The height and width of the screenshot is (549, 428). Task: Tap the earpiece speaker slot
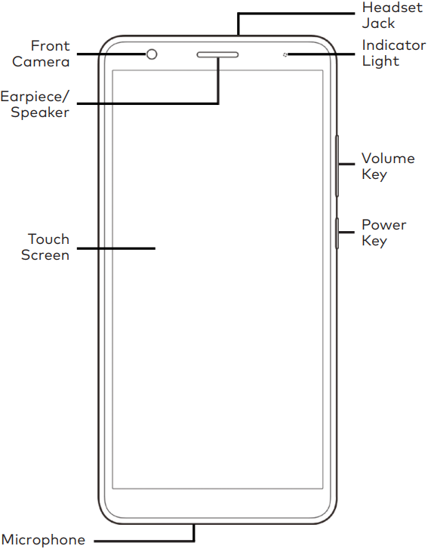tap(217, 54)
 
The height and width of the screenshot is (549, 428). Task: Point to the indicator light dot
tap(285, 54)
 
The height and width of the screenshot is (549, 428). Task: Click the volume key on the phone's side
tap(337, 165)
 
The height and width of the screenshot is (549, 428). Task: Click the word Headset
tap(393, 8)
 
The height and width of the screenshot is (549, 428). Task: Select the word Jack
tap(378, 23)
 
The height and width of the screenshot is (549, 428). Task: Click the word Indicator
tap(394, 45)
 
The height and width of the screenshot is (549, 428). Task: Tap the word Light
tap(380, 61)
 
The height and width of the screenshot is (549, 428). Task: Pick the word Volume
tap(388, 159)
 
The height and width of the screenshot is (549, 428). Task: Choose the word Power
tap(384, 225)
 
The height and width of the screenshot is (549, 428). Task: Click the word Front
tap(50, 46)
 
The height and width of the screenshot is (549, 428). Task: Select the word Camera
tap(41, 62)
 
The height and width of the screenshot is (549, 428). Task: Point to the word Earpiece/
tap(35, 97)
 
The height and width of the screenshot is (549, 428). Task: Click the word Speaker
tap(40, 113)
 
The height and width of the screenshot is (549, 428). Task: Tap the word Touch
tap(48, 239)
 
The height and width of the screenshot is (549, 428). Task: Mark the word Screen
tap(45, 255)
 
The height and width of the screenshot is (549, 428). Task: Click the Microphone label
tap(43, 539)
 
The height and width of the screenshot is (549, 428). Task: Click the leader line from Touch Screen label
tap(115, 248)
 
